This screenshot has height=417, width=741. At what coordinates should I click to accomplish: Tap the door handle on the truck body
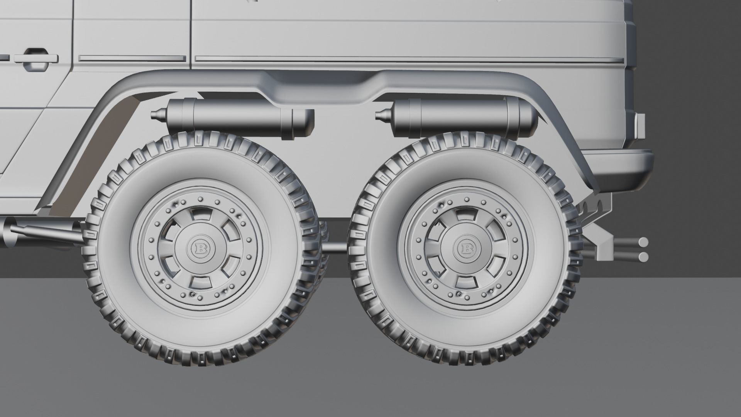36,59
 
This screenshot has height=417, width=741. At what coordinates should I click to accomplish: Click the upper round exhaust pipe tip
643,242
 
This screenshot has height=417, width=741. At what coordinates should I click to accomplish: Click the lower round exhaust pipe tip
643,256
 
